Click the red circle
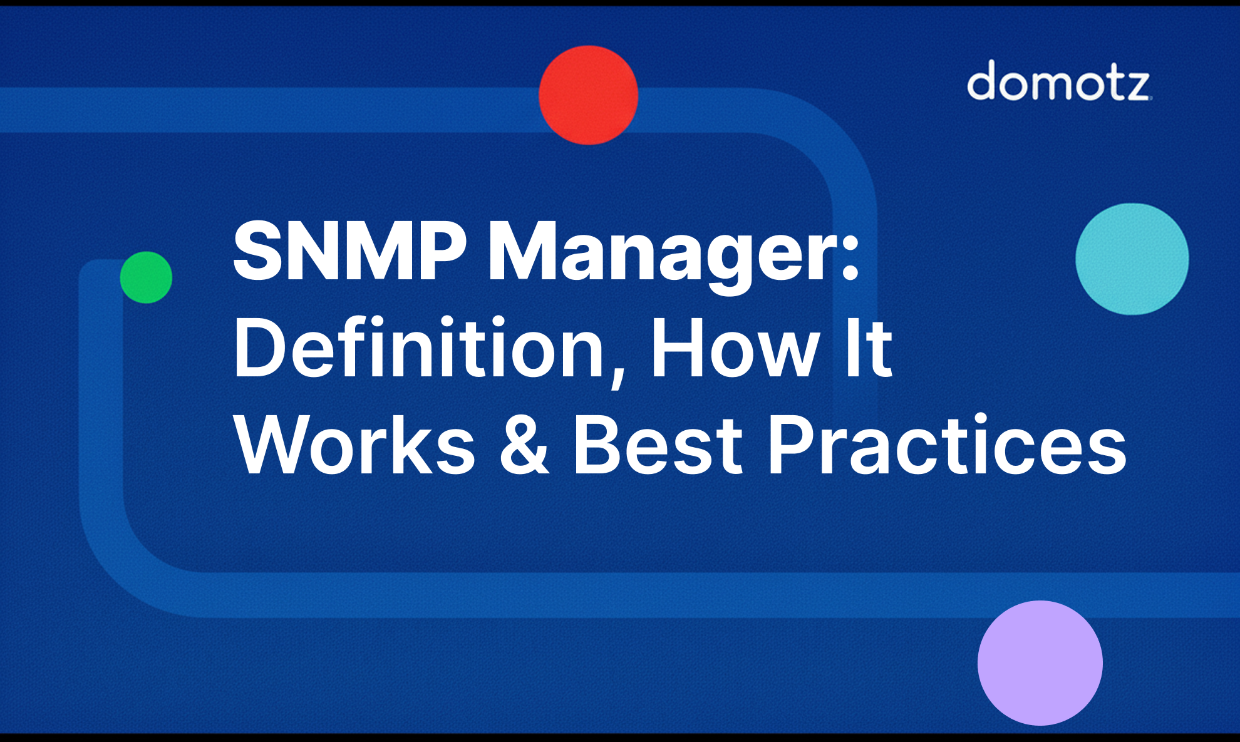click(588, 95)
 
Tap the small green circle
click(146, 277)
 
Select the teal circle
click(1132, 259)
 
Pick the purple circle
click(1040, 662)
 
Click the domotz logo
click(1058, 81)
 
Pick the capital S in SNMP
click(259, 252)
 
